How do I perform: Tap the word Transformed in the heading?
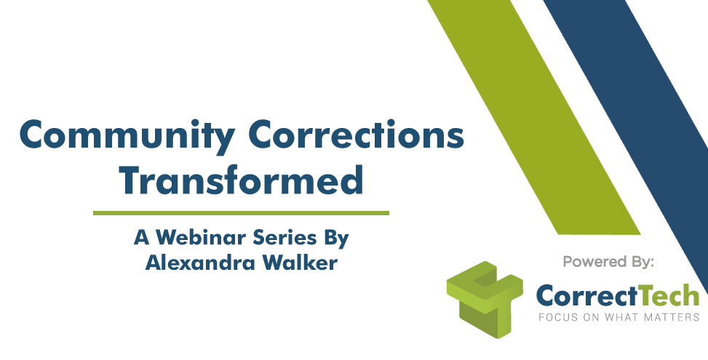pyautogui.click(x=241, y=180)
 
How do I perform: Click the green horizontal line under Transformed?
pyautogui.click(x=241, y=213)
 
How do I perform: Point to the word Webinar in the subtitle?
pyautogui.click(x=201, y=237)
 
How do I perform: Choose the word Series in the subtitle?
pyautogui.click(x=286, y=237)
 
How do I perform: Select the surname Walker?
pyautogui.click(x=301, y=263)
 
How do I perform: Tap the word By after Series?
pyautogui.click(x=336, y=239)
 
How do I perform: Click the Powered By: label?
pyautogui.click(x=608, y=262)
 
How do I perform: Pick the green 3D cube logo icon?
pyautogui.click(x=485, y=300)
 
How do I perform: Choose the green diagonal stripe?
pyautogui.click(x=533, y=117)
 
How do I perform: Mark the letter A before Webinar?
pyautogui.click(x=142, y=237)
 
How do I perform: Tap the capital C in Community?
pyautogui.click(x=33, y=135)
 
